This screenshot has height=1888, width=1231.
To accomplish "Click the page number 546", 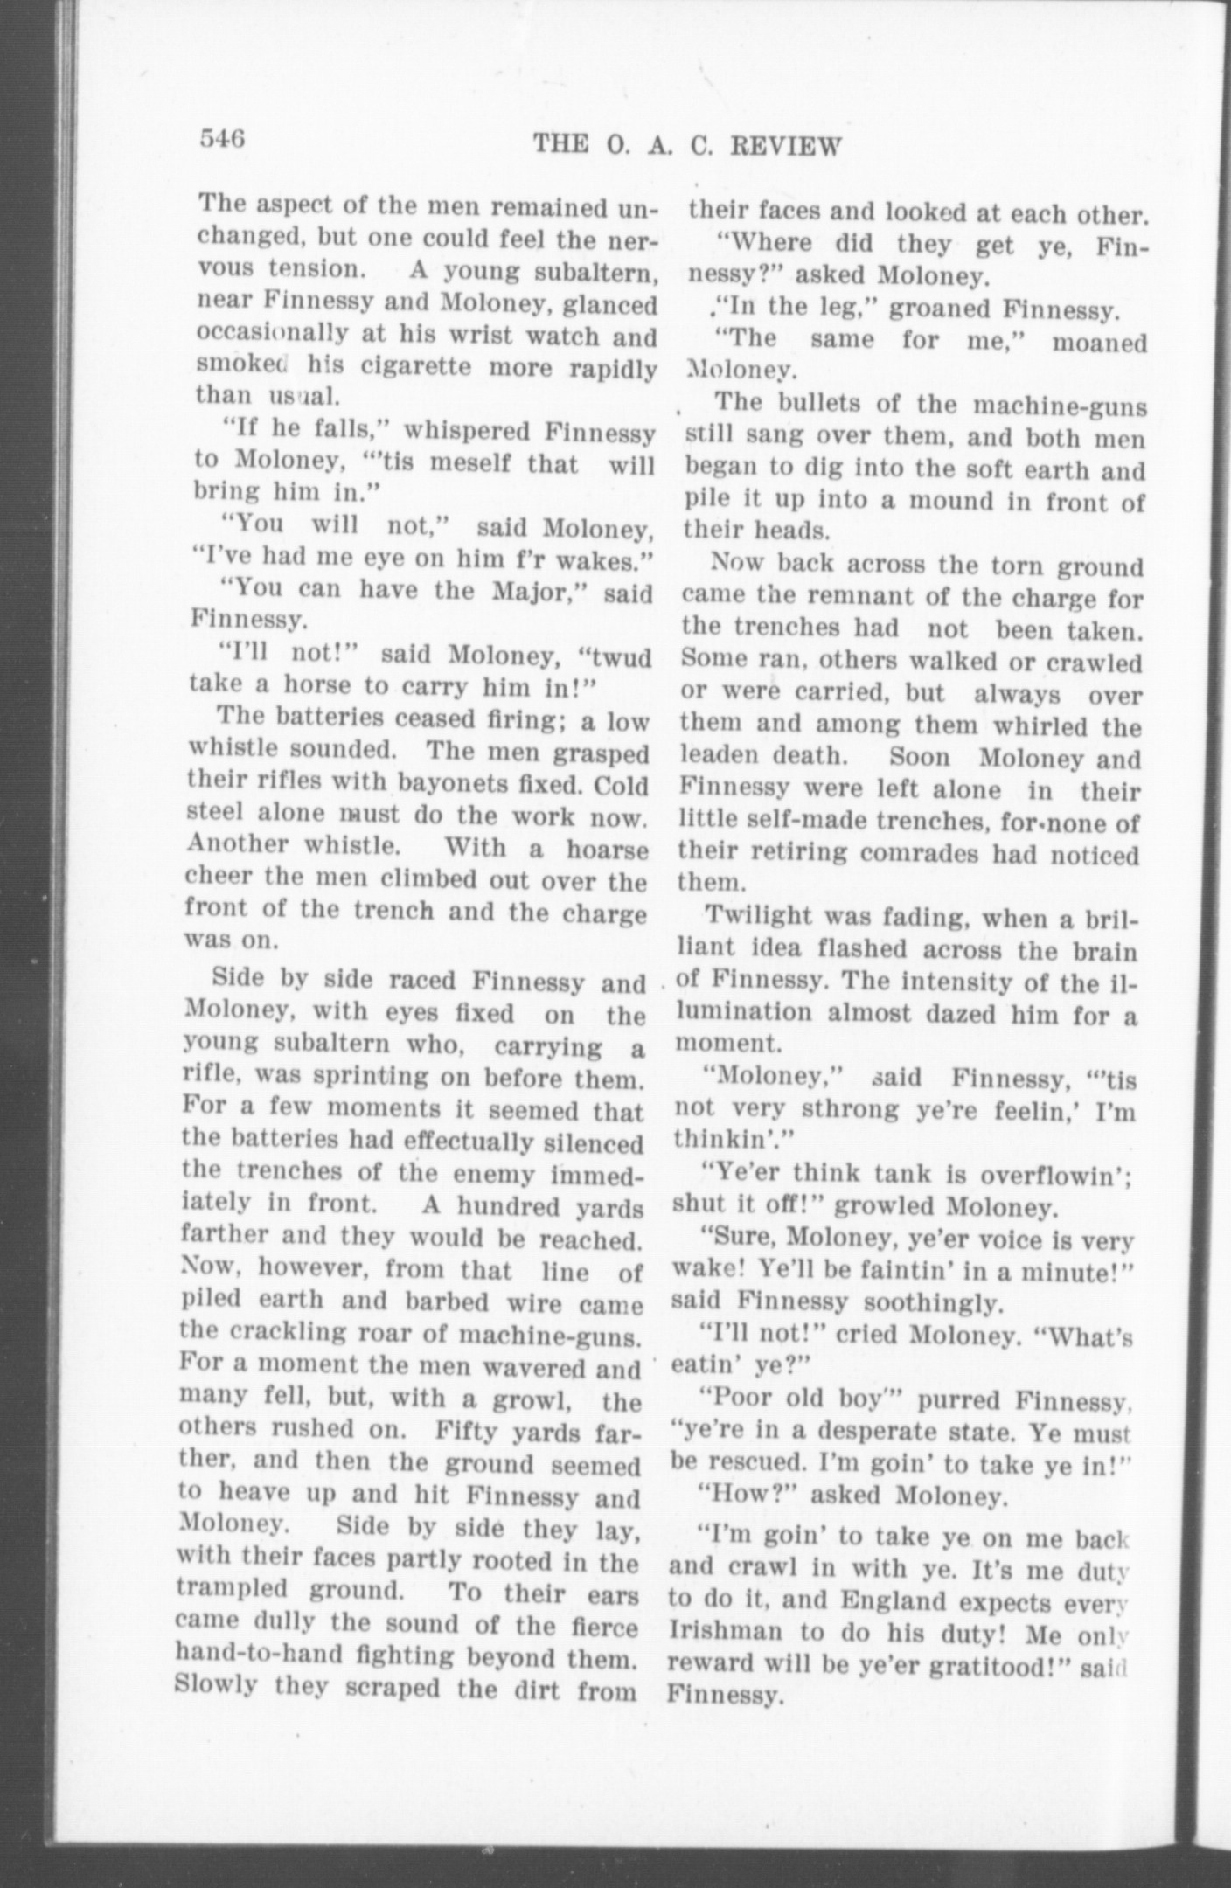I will (x=222, y=139).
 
